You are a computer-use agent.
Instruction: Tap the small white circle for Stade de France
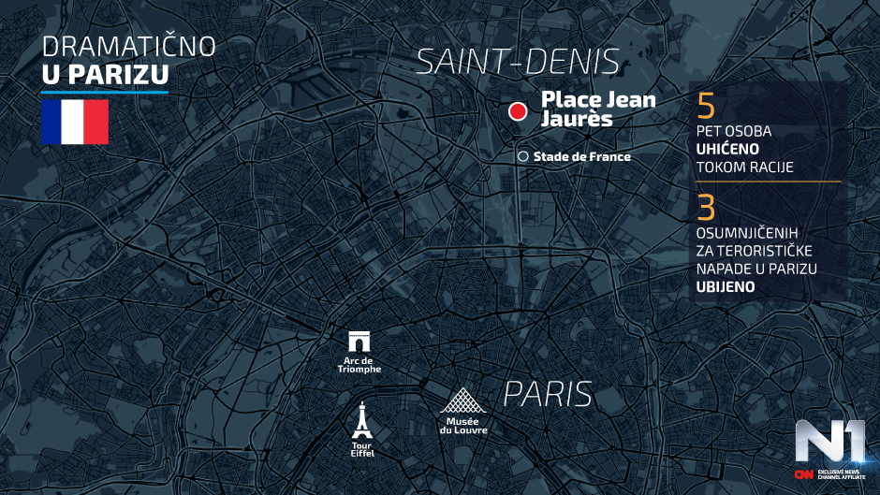pyautogui.click(x=523, y=156)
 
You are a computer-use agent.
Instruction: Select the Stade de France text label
pyautogui.click(x=581, y=156)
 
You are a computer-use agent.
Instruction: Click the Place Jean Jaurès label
pyautogui.click(x=598, y=109)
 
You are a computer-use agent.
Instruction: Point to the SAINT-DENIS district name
pyautogui.click(x=518, y=63)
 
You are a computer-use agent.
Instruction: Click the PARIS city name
pyautogui.click(x=548, y=394)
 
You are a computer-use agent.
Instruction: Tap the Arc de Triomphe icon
pyautogui.click(x=359, y=342)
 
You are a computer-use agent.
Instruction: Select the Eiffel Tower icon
pyautogui.click(x=361, y=422)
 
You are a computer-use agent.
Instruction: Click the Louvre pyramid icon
pyautogui.click(x=464, y=401)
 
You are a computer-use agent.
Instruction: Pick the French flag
pyautogui.click(x=74, y=122)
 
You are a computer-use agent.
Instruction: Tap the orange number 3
pyautogui.click(x=707, y=206)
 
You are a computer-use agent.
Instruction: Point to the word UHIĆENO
pyautogui.click(x=726, y=149)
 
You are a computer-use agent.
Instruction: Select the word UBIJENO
pyautogui.click(x=726, y=287)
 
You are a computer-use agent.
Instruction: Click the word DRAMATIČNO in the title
pyautogui.click(x=128, y=47)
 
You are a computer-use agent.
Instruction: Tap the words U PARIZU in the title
pyautogui.click(x=105, y=76)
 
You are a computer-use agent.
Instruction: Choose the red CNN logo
pyautogui.click(x=803, y=474)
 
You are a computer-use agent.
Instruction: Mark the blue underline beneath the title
pyautogui.click(x=105, y=92)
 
